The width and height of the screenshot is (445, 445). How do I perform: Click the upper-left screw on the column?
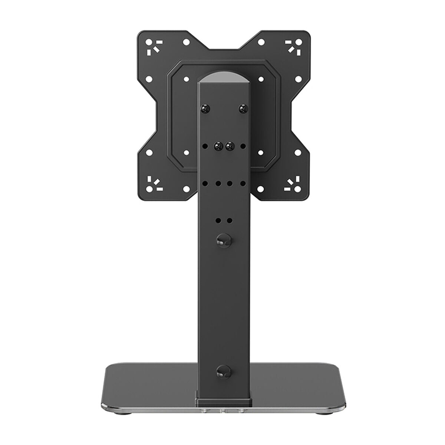tap(205, 108)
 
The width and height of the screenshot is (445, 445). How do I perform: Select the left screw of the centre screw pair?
tap(218, 146)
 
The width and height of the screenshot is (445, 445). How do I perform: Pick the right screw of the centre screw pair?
tap(229, 146)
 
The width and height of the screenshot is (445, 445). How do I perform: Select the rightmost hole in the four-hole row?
tap(243, 183)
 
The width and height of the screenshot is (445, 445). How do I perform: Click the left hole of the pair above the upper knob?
tap(218, 220)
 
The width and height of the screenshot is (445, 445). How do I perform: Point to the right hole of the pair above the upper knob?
tap(230, 220)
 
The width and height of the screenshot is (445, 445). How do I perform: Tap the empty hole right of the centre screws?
tap(243, 146)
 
